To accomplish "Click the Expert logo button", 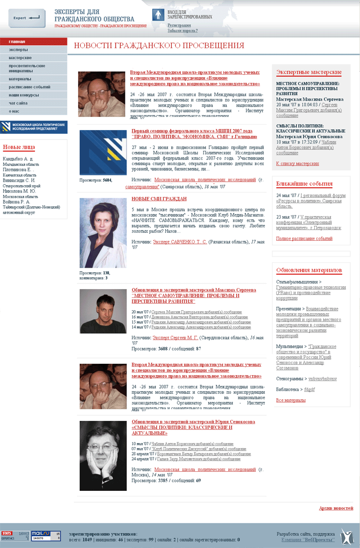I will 27,18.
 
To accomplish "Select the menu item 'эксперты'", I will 18,50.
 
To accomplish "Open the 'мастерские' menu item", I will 20,58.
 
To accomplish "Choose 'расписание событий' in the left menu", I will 29,87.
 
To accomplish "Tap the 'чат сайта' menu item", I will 19,103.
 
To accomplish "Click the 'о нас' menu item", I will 14,111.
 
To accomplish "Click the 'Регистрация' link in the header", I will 179,25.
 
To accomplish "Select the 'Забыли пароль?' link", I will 182,31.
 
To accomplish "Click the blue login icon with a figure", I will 158,15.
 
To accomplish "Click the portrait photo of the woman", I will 103,233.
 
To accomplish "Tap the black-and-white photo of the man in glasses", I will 103,455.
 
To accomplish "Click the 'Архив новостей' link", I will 336,508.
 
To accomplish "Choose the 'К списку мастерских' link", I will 297,164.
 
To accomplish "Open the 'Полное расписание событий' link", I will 304,238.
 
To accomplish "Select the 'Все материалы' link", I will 291,400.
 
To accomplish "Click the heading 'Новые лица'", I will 19,148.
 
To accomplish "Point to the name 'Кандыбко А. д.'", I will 17,159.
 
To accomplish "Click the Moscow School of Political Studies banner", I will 33,127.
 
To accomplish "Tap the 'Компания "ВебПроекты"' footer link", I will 308,540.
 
